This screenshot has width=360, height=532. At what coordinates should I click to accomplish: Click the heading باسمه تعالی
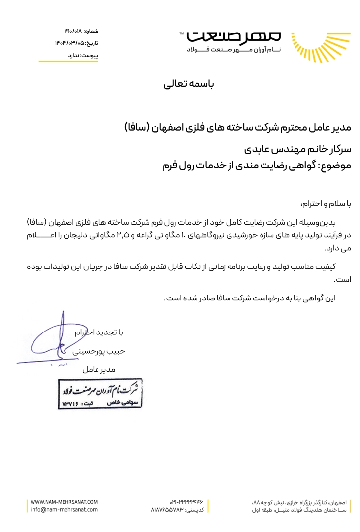pos(190,85)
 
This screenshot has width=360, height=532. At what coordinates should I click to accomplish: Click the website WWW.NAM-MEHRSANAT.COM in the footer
pos(64,502)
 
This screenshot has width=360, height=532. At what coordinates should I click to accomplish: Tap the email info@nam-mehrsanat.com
pos(64,510)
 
